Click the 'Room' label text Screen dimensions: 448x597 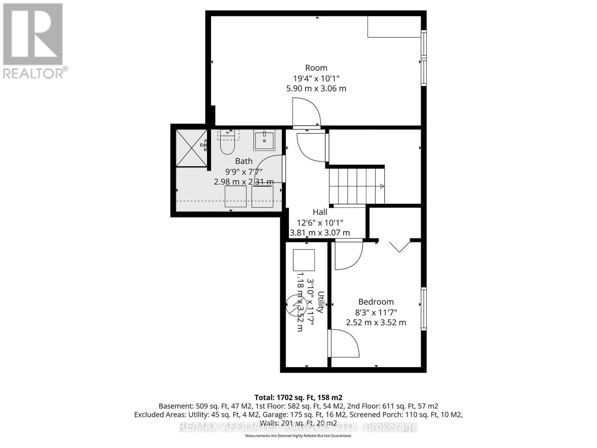(316, 68)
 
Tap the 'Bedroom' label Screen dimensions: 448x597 (376, 302)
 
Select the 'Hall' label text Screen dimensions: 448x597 (320, 212)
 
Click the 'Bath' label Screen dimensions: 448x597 (244, 161)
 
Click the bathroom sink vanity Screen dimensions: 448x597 (264, 140)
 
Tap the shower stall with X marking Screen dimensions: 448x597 (191, 148)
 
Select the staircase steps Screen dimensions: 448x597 (356, 186)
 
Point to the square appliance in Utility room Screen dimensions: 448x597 (304, 260)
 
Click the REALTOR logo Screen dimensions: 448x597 (33, 41)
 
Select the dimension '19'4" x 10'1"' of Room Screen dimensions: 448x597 (316, 78)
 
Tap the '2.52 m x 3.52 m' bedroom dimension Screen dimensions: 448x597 (376, 323)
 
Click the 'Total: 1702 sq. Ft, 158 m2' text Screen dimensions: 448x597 (298, 398)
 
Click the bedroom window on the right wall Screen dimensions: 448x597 (423, 308)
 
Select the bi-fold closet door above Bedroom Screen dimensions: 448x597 (399, 246)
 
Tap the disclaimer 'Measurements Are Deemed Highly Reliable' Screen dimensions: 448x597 (298, 436)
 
